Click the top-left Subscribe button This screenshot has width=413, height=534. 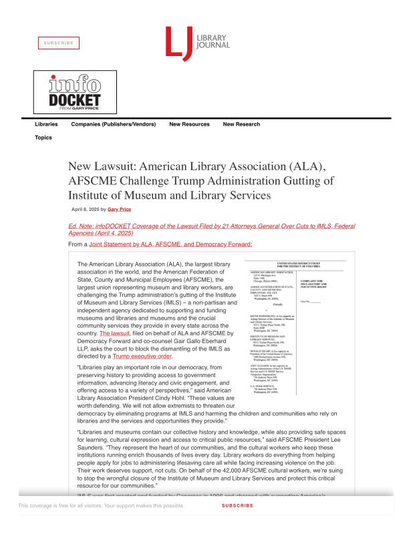click(x=58, y=43)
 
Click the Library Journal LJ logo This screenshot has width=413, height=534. click(x=197, y=41)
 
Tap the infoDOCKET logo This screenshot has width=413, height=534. click(x=75, y=93)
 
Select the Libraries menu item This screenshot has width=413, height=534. click(x=46, y=124)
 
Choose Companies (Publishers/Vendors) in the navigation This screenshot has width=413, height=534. click(x=114, y=124)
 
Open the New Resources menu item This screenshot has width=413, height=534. click(x=189, y=124)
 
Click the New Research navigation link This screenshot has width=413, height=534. click(x=241, y=124)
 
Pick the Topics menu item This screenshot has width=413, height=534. click(x=43, y=138)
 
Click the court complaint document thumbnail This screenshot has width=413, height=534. click(x=295, y=326)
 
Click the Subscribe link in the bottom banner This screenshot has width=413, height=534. click(x=237, y=505)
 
